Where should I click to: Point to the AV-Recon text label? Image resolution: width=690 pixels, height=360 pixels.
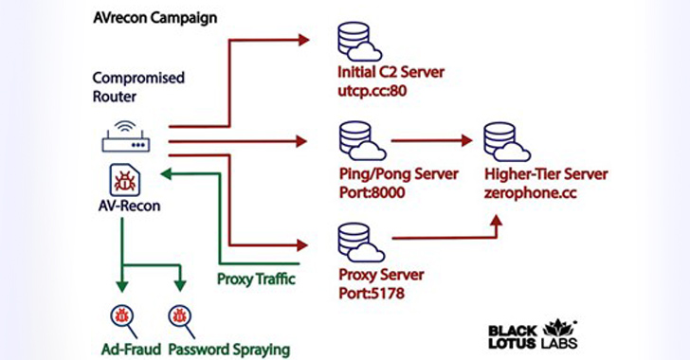point(128,206)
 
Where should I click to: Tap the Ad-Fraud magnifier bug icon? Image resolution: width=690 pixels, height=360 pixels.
point(124,314)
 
